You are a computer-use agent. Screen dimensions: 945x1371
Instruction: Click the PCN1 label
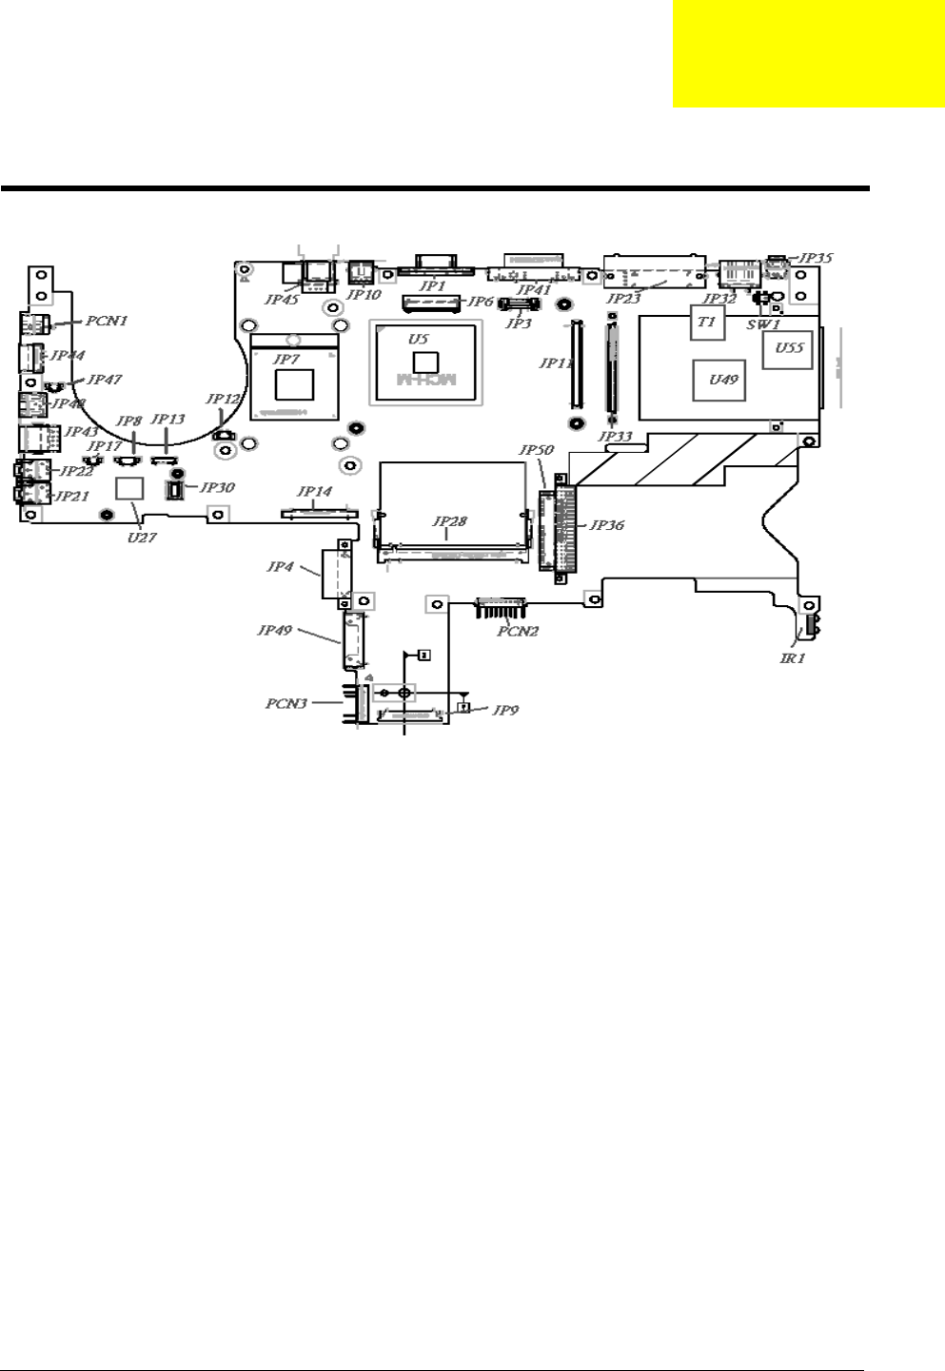click(x=107, y=321)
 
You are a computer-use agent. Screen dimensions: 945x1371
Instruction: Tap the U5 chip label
click(x=419, y=339)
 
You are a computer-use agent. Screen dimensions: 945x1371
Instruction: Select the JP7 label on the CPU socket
click(x=285, y=359)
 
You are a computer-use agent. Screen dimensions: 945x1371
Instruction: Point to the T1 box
click(x=706, y=323)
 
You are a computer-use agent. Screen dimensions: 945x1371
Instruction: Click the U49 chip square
click(x=723, y=380)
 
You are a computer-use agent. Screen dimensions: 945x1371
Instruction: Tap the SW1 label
click(x=763, y=324)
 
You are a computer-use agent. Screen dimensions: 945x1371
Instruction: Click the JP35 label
click(x=816, y=258)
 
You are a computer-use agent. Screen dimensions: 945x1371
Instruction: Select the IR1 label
click(x=793, y=657)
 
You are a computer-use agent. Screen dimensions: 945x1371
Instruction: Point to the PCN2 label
click(x=518, y=631)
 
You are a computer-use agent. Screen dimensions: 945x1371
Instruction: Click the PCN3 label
click(x=286, y=704)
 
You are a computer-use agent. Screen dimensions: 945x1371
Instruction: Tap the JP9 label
click(x=505, y=710)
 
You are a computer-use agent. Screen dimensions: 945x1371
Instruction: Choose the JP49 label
click(x=275, y=630)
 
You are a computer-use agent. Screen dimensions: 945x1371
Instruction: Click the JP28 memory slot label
click(x=450, y=521)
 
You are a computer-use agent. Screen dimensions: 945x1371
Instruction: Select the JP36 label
click(x=607, y=524)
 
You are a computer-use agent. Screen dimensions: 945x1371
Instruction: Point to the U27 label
click(x=144, y=537)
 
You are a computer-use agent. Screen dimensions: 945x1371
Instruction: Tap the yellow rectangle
click(x=809, y=54)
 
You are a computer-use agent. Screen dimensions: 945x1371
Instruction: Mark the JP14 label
click(x=315, y=492)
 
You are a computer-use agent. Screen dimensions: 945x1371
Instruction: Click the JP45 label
click(x=281, y=299)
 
